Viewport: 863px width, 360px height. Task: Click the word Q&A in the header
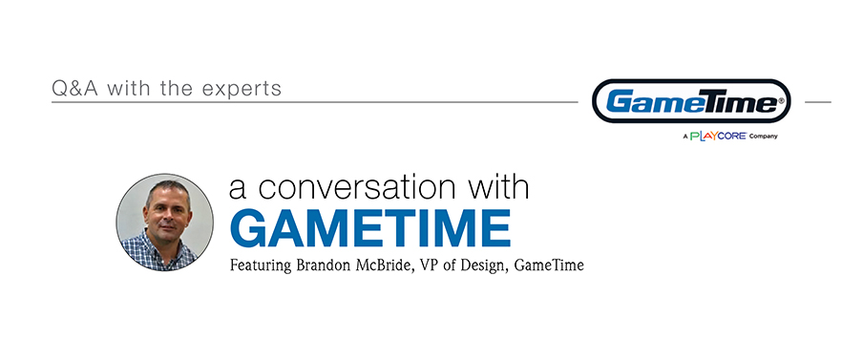(74, 89)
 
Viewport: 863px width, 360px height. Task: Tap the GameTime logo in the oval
(691, 101)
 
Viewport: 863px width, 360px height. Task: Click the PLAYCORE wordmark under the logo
(718, 136)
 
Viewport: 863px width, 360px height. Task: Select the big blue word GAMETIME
(369, 228)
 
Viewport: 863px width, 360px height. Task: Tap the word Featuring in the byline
(261, 265)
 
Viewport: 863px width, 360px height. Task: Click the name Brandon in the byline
(321, 265)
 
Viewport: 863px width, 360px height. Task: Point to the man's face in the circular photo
(167, 213)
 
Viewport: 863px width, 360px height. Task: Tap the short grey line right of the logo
(818, 102)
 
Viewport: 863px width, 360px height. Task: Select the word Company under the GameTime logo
(764, 137)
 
